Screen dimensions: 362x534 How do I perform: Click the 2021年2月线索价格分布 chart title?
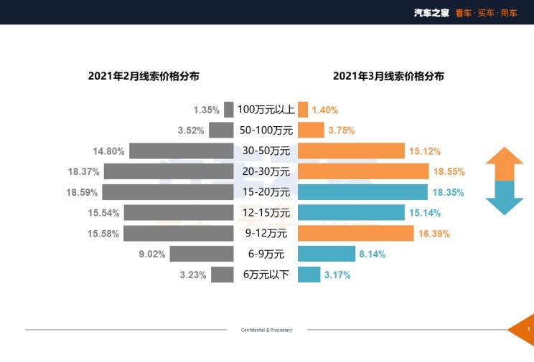[144, 76]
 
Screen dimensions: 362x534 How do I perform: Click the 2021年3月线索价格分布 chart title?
[388, 76]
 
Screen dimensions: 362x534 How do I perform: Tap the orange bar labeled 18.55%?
[362, 171]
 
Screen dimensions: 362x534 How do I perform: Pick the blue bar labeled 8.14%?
[326, 254]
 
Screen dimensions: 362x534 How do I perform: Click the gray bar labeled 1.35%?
[229, 110]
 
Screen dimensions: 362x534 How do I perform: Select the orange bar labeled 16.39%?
[355, 233]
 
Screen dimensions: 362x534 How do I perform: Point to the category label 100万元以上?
[266, 110]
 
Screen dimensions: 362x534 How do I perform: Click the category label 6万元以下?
[266, 275]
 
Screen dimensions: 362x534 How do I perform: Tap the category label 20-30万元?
[266, 171]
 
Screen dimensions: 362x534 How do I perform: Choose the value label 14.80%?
[109, 151]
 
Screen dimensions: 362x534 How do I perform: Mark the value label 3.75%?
[341, 130]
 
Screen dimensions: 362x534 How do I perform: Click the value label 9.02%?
[152, 254]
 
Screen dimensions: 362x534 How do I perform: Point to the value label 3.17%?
[337, 275]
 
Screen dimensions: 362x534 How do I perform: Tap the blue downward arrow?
[505, 198]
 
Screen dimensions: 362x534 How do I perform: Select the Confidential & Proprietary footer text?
[266, 330]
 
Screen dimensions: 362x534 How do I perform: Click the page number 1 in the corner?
[528, 329]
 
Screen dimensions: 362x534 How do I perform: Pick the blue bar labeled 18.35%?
[362, 192]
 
